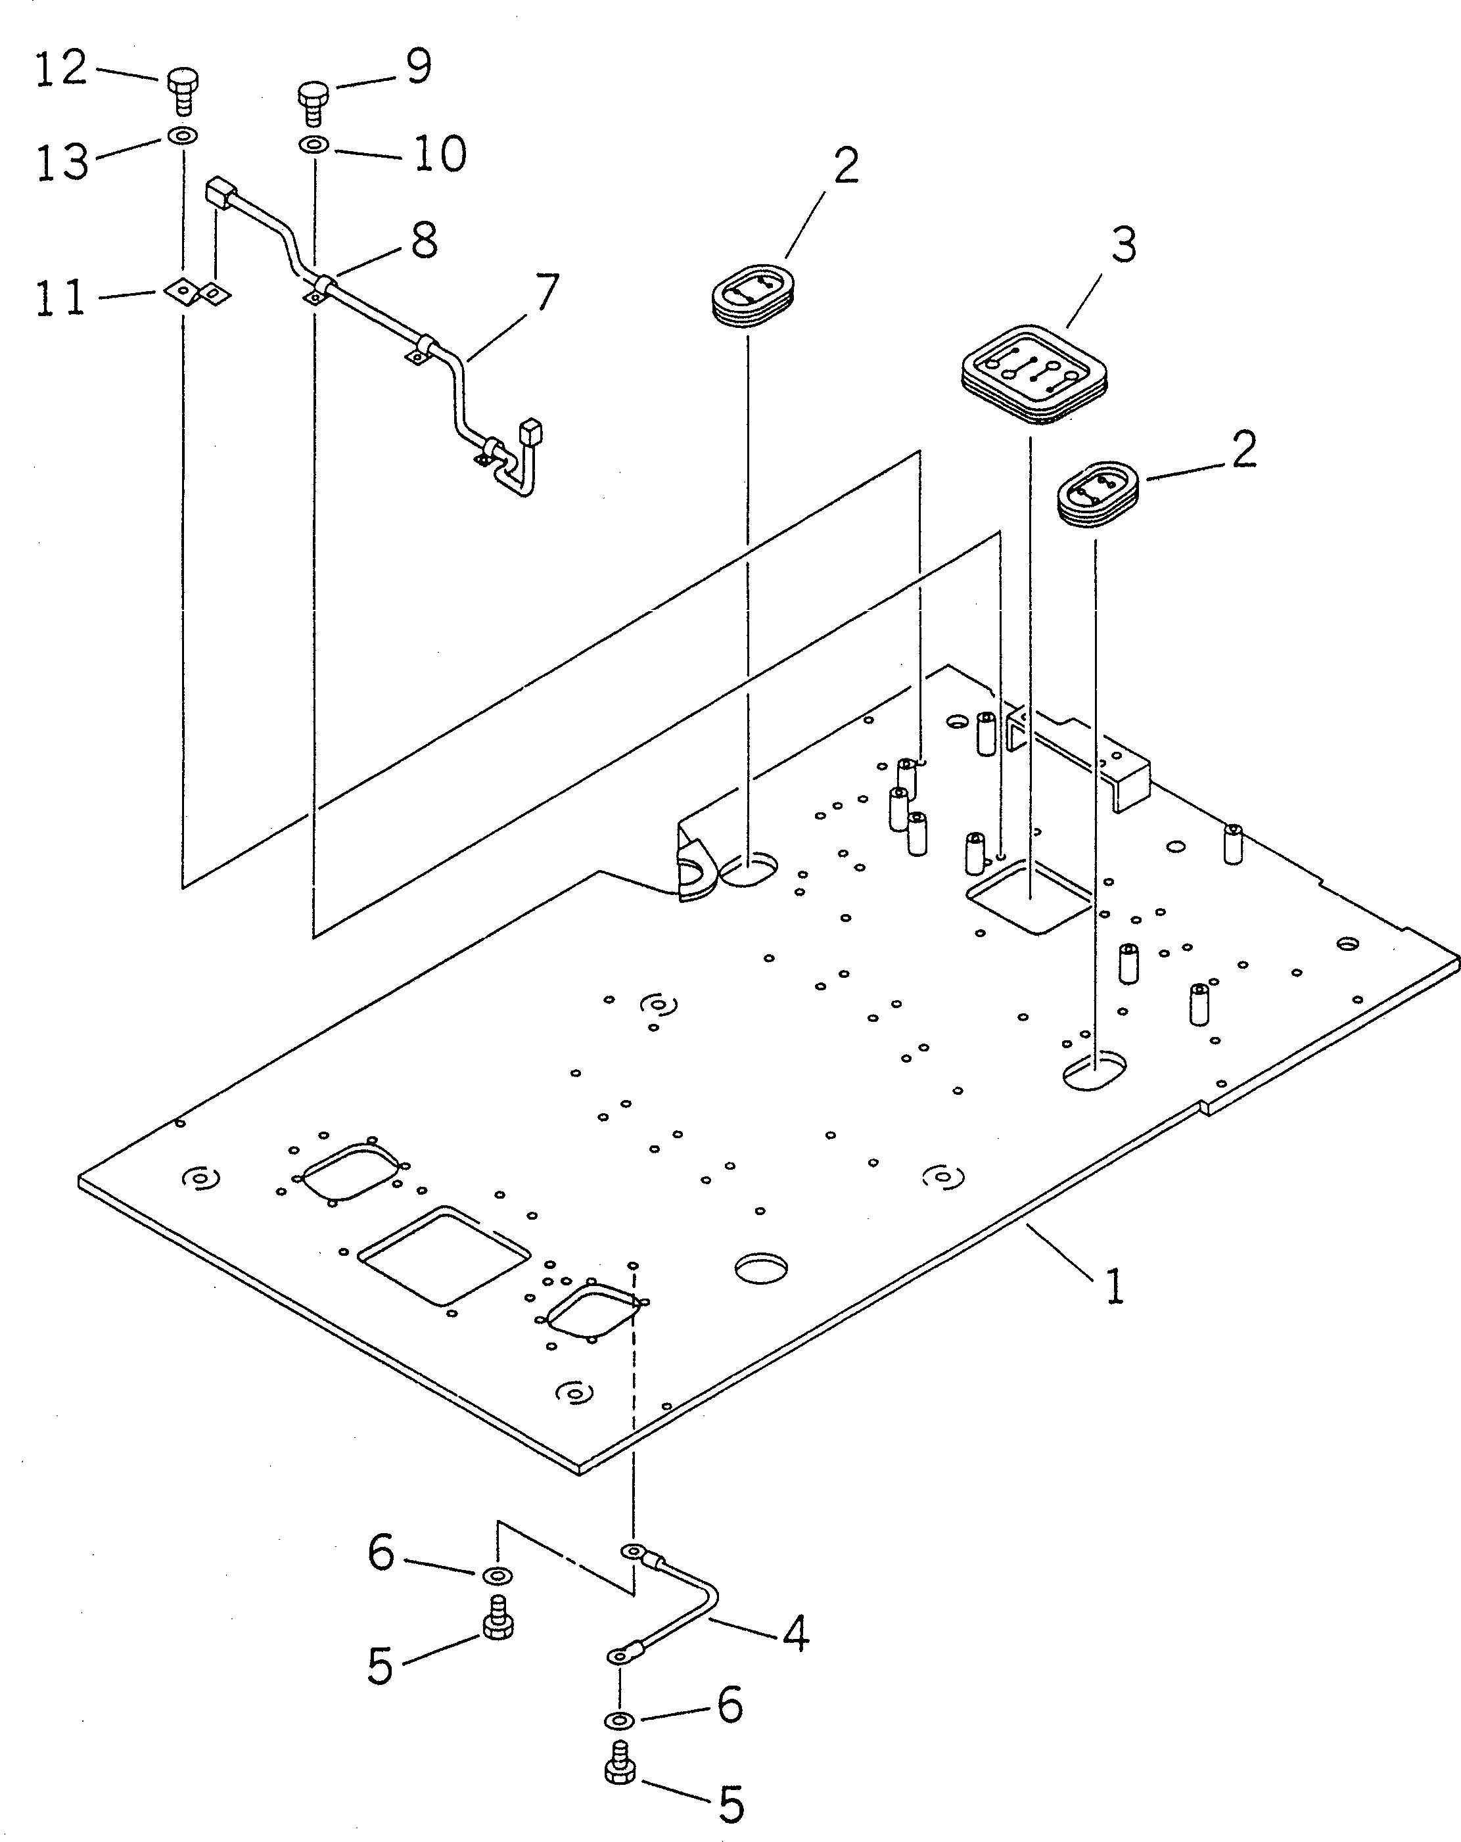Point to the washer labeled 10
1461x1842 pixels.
click(x=315, y=145)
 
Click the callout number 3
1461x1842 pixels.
click(x=1124, y=246)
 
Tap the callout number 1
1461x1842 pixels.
click(x=1113, y=1310)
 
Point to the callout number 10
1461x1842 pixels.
click(x=440, y=154)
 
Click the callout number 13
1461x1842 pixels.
click(x=62, y=162)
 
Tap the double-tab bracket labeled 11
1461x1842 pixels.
click(x=198, y=293)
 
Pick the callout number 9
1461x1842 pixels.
click(x=418, y=66)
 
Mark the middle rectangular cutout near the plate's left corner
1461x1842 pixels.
click(x=444, y=1253)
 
